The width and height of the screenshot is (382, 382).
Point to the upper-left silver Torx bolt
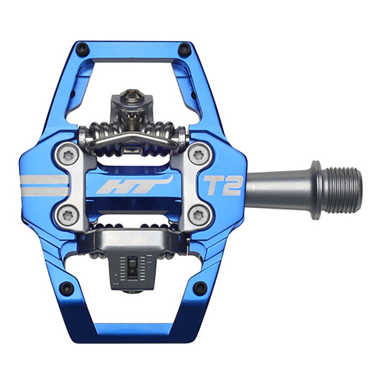pos(68,154)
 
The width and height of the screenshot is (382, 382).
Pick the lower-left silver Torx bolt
pos(68,216)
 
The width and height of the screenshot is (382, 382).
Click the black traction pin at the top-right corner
pos(183,49)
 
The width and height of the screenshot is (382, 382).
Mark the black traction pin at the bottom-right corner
pos(199,287)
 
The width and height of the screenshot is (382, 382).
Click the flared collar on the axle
pos(316,189)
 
